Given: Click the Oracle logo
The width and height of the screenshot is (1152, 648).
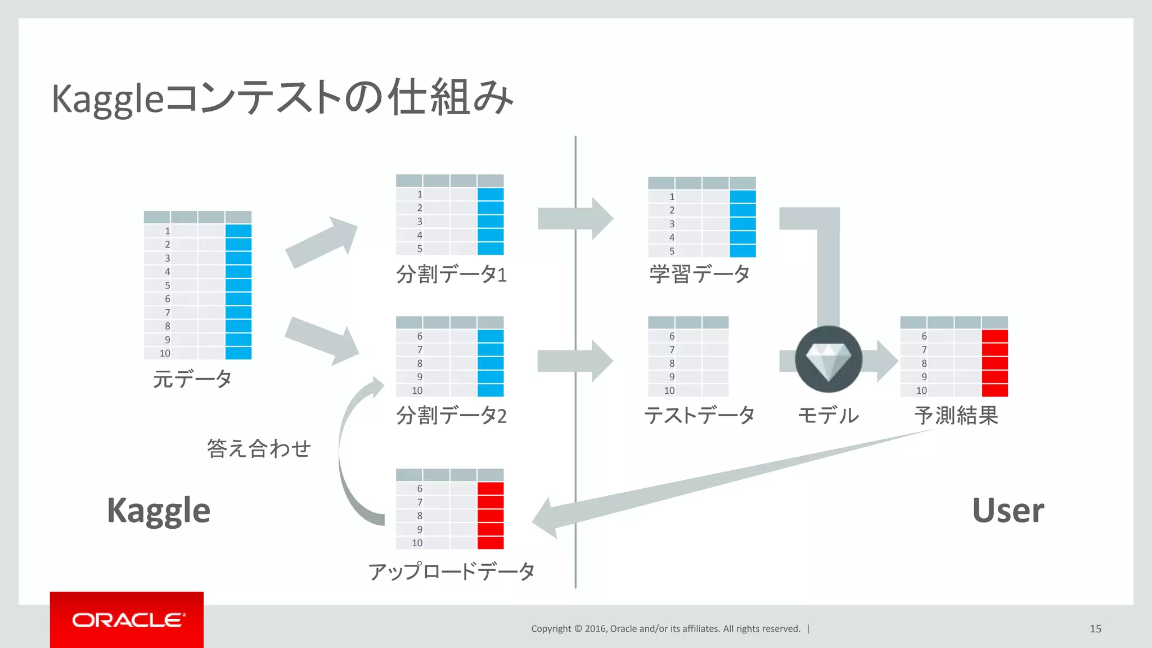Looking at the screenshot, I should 127,620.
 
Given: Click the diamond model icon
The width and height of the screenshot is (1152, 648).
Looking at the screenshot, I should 828,359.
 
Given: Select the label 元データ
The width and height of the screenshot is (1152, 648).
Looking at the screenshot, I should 192,379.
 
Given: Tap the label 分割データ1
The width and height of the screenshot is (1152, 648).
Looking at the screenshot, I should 451,274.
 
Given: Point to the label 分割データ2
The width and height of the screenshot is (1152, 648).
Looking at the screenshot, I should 451,416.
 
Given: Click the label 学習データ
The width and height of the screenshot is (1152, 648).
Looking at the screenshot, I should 700,274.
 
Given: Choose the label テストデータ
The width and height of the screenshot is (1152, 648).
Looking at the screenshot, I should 699,416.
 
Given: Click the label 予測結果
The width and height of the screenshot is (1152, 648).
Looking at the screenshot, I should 956,416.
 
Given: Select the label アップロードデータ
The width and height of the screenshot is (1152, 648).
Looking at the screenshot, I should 451,571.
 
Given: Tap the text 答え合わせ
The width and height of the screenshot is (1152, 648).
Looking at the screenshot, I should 259,448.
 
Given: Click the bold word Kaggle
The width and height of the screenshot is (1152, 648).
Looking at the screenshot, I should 159,511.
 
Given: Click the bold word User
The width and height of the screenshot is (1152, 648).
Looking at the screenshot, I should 1008,511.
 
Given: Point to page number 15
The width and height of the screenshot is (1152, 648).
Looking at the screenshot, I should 1095,629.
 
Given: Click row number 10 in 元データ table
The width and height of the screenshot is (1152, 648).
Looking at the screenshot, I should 165,353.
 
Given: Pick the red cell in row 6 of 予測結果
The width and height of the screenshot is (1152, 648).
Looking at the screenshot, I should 994,336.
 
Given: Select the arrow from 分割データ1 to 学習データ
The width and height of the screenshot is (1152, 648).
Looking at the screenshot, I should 574,218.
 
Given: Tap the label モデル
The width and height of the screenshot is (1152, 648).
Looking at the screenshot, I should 828,416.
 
